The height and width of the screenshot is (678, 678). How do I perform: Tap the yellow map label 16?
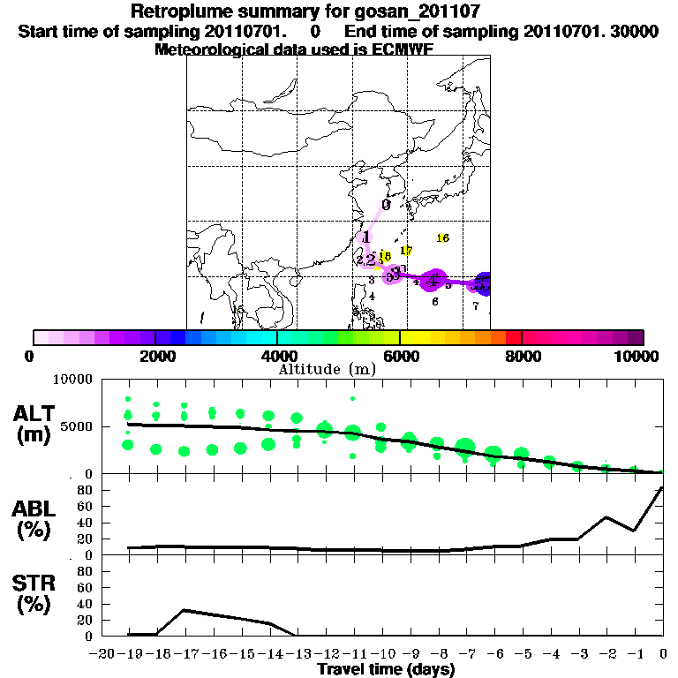443,238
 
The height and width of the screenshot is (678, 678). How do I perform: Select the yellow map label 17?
406,251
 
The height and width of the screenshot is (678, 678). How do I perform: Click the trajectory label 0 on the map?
386,205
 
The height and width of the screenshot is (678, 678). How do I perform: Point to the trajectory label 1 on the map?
365,237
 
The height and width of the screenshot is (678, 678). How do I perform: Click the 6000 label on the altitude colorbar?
400,357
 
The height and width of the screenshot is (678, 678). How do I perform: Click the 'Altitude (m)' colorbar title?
315,369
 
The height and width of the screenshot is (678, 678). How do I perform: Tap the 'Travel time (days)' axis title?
386,670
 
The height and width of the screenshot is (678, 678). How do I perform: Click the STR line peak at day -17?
184,610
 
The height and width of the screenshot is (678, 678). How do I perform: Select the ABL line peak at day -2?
606,517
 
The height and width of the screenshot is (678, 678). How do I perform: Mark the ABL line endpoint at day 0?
662,487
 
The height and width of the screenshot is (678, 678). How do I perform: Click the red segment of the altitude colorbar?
513,337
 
